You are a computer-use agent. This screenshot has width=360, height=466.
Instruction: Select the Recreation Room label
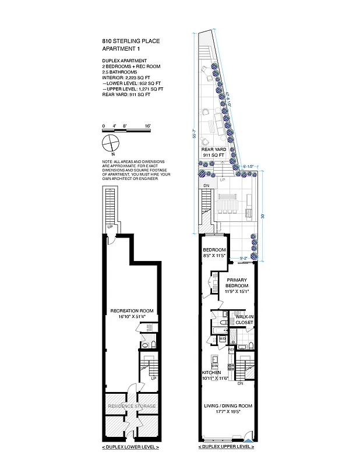[x=132, y=311]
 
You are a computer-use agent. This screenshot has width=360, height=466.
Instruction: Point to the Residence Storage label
[x=132, y=405]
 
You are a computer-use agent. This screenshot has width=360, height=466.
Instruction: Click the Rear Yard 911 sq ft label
[x=214, y=153]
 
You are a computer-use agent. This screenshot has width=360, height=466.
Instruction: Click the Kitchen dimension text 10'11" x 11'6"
[x=215, y=378]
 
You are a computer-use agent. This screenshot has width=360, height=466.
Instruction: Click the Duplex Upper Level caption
[x=227, y=447]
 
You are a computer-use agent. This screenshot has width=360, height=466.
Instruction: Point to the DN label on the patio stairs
[x=206, y=186]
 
